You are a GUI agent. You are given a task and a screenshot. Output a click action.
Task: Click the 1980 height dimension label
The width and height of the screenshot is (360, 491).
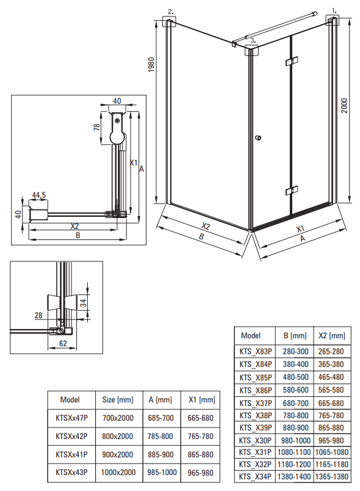tap(151, 65)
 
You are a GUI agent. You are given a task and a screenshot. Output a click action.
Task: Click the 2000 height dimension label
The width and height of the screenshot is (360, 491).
tap(344, 106)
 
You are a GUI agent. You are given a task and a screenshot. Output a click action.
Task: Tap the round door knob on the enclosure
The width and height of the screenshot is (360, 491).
tap(258, 138)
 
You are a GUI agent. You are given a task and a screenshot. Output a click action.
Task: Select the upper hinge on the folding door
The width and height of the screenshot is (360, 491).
tap(292, 61)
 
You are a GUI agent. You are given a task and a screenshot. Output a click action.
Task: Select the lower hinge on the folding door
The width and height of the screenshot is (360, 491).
tap(292, 191)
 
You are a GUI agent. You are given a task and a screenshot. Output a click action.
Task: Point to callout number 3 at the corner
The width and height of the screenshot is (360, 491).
tap(253, 40)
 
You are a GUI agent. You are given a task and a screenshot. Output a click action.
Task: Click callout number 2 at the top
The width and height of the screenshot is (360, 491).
tap(170, 12)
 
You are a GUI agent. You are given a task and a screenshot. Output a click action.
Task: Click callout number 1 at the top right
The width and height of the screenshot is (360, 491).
tap(334, 10)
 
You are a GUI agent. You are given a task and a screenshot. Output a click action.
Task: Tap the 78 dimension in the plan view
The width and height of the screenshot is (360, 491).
tap(96, 127)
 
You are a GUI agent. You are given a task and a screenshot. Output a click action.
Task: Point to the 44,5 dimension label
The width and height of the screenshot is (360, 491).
tap(39, 195)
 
